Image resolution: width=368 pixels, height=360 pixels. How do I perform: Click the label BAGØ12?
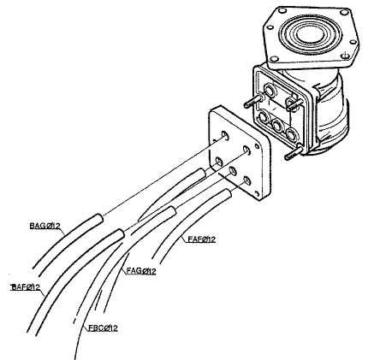pyautogui.click(x=45, y=226)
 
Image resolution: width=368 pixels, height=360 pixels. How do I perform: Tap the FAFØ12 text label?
pyautogui.click(x=202, y=239)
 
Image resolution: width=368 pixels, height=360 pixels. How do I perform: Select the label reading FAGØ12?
pyautogui.click(x=141, y=271)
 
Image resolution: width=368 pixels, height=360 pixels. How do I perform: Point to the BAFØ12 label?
pyautogui.click(x=25, y=286)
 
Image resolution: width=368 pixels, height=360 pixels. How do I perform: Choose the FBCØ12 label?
pyautogui.click(x=103, y=328)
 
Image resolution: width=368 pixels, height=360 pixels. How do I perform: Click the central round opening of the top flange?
pyautogui.click(x=310, y=33)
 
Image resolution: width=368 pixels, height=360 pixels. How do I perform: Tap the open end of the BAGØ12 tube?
pyautogui.click(x=98, y=218)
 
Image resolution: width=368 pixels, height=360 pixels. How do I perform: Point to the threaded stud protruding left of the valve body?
pyautogui.click(x=253, y=101)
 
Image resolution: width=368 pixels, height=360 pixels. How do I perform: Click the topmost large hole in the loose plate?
pyautogui.click(x=225, y=135)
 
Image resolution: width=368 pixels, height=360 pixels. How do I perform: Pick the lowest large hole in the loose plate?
pyautogui.click(x=247, y=180)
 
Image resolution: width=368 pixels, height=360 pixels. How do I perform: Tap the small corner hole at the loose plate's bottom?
pyautogui.click(x=258, y=194)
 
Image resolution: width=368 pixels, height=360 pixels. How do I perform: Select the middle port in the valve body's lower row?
pyautogui.click(x=276, y=125)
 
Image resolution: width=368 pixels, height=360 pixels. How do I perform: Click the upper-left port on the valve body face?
pyautogui.click(x=269, y=90)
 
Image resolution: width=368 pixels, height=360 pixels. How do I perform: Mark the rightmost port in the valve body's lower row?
pyautogui.click(x=292, y=133)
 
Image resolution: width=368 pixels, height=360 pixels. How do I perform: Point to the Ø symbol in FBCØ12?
pyautogui.click(x=107, y=328)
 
